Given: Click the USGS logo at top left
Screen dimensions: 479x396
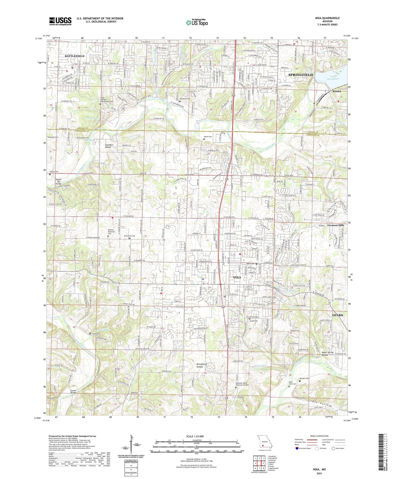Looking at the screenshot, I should pyautogui.click(x=60, y=21).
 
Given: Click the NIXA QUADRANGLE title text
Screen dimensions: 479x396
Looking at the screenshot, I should pyautogui.click(x=327, y=18).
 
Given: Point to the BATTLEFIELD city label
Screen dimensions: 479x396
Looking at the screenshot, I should pyautogui.click(x=75, y=56).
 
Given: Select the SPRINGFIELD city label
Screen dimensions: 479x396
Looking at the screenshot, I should pyautogui.click(x=300, y=75).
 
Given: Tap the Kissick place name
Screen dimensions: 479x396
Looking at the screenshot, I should pyautogui.click(x=337, y=91).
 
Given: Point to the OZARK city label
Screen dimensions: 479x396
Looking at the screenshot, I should pyautogui.click(x=338, y=315).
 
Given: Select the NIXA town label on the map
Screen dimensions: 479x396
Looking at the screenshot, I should pyautogui.click(x=237, y=277).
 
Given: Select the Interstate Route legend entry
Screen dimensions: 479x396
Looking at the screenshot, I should pyautogui.click(x=304, y=448).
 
